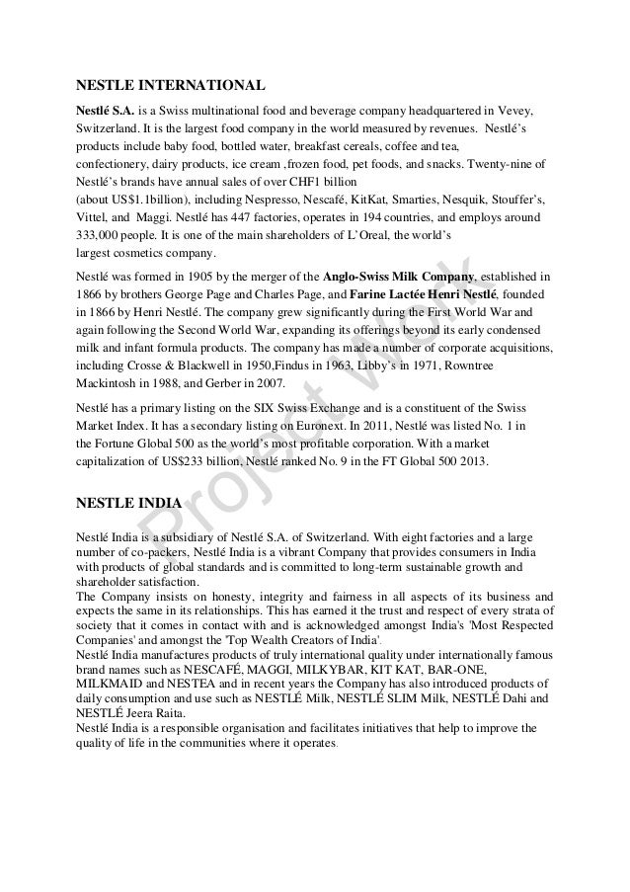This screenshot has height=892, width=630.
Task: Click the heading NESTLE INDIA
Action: (127, 502)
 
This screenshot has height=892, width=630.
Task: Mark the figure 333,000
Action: (100, 235)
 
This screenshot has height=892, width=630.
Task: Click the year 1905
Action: (195, 277)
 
